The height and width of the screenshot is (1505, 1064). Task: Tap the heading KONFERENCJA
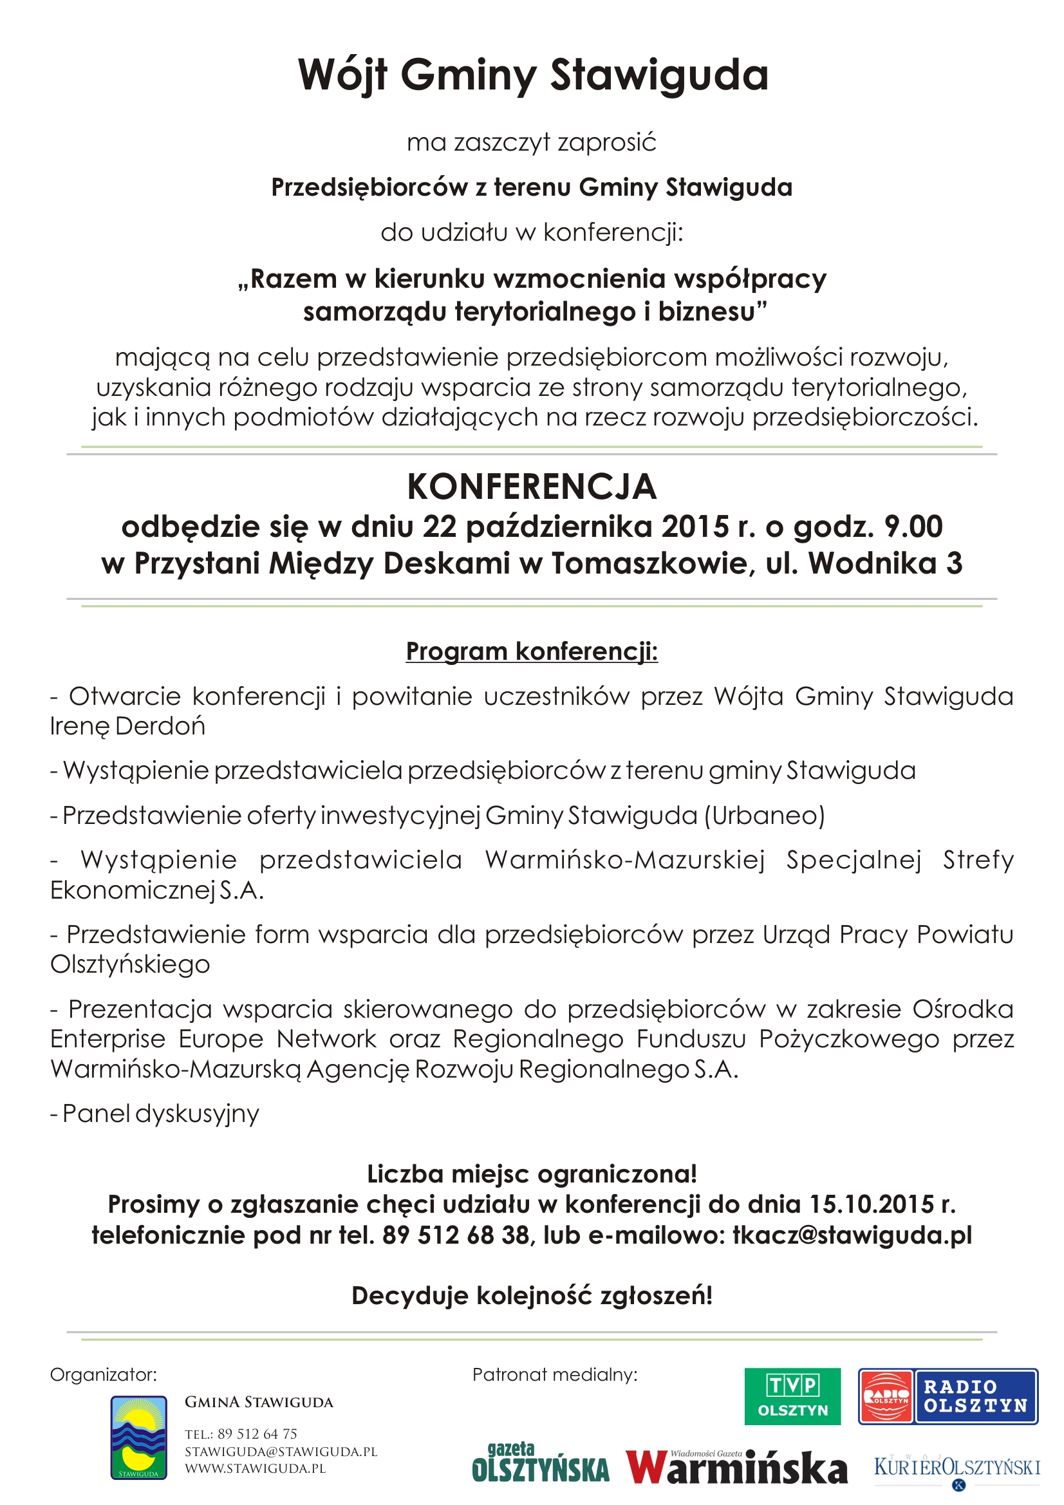[x=532, y=487]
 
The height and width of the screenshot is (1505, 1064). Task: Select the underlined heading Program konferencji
[x=532, y=651]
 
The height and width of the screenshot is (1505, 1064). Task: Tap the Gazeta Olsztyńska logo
[x=540, y=1464]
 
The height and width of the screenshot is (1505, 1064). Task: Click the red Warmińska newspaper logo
[x=736, y=1466]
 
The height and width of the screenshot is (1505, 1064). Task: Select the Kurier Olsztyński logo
[x=957, y=1467]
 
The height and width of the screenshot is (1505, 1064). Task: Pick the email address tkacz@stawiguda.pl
[x=852, y=1235]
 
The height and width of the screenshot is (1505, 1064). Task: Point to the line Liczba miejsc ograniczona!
[x=532, y=1174]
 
